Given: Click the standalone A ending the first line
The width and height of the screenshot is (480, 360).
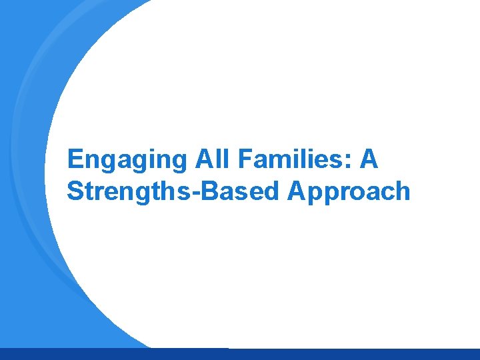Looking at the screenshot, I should [x=369, y=159].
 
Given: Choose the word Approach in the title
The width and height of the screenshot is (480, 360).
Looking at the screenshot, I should [x=349, y=191].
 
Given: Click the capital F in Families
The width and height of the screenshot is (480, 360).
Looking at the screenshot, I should [x=242, y=159].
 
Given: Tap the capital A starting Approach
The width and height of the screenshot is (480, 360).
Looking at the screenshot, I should [x=297, y=191].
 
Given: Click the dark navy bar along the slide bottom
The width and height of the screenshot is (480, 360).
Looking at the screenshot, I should [x=240, y=354].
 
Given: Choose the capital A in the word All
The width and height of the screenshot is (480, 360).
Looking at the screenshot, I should [x=203, y=159].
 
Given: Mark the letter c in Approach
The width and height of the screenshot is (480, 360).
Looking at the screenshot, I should [x=385, y=194].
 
